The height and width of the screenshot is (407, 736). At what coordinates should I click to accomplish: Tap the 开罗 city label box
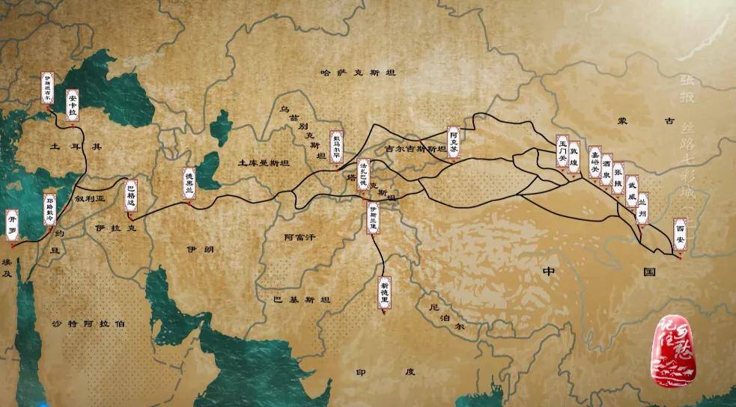click(x=12, y=224)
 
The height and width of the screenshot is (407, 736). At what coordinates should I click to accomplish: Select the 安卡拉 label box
click(x=73, y=103)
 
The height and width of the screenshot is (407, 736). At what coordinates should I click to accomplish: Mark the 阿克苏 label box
click(x=454, y=141)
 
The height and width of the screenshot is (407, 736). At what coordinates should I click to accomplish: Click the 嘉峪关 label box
click(x=594, y=162)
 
